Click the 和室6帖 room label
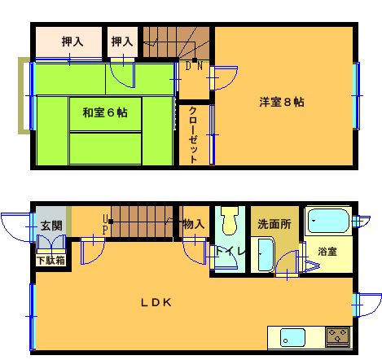(105, 112)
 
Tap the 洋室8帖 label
(282, 102)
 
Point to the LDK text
(156, 302)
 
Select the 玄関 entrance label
(51, 226)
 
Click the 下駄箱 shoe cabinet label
(51, 261)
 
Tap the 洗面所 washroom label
(274, 224)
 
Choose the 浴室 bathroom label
(327, 252)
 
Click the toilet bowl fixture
(231, 220)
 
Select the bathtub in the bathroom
(329, 221)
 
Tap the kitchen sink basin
(292, 338)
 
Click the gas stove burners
(337, 337)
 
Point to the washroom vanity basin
(266, 255)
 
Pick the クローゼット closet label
(193, 135)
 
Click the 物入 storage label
(194, 224)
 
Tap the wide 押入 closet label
(72, 42)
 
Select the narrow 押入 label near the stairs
(122, 42)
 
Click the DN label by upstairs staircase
(194, 66)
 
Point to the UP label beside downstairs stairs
(105, 225)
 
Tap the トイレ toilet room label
(231, 251)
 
